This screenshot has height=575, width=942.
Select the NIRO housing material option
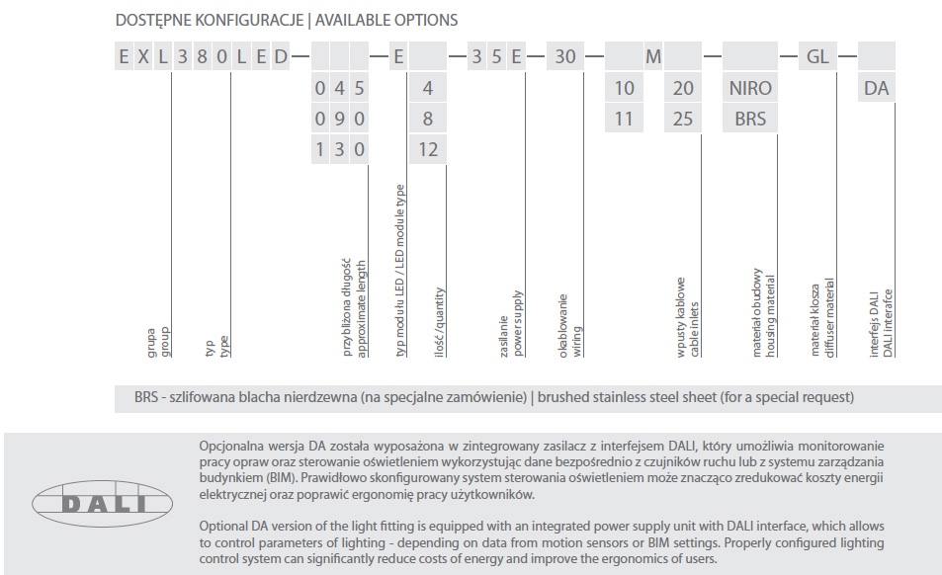[750, 88]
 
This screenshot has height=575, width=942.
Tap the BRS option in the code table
[750, 119]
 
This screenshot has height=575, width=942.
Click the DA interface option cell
[876, 88]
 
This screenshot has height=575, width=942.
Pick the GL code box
[817, 56]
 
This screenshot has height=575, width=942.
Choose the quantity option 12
[428, 149]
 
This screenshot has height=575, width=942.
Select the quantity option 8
[428, 119]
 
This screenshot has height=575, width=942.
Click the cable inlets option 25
[683, 119]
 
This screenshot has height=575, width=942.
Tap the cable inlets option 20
[683, 88]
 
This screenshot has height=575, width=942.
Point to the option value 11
[624, 119]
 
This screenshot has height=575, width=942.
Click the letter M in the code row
[653, 56]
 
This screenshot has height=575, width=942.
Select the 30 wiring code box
[564, 56]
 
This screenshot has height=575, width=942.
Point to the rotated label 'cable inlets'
[695, 331]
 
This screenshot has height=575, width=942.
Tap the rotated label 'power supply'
[518, 323]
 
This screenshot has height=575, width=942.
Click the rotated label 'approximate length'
[363, 307]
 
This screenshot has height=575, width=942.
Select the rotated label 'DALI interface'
[888, 323]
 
